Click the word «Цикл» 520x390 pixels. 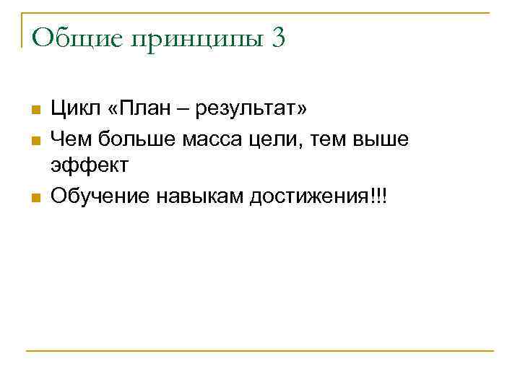pos(76,110)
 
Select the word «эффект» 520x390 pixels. pos(90,167)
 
